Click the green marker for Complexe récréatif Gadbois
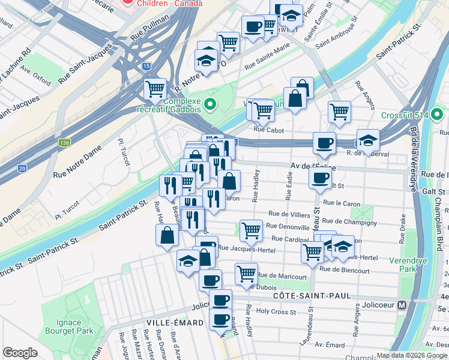tap(209, 105)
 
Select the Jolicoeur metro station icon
tap(403, 305)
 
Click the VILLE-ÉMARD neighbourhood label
tap(167, 322)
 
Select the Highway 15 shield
tap(146, 65)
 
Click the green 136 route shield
tap(64, 143)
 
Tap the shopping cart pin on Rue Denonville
tap(250, 229)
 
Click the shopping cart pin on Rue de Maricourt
tap(246, 273)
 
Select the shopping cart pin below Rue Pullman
tap(155, 89)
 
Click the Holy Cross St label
tap(276, 312)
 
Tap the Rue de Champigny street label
tap(352, 223)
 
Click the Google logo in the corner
tap(20, 353)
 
